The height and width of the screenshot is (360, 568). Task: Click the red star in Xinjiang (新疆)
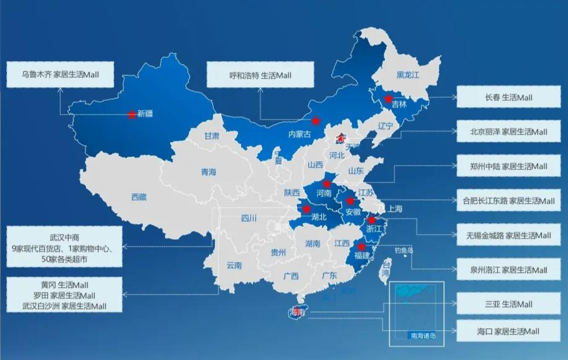coord(131,114)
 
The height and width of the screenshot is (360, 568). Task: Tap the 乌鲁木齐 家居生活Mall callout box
coord(60,75)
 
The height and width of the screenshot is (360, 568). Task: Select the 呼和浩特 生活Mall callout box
coord(260,75)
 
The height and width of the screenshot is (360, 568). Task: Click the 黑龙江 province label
coord(409,75)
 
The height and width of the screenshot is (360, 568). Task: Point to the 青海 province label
coord(208,172)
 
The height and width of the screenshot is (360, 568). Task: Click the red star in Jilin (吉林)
coord(388,98)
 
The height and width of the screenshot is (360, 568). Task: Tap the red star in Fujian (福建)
coord(361,247)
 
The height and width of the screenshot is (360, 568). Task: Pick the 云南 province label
coord(234,265)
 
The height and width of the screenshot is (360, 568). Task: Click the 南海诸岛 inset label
coord(423,336)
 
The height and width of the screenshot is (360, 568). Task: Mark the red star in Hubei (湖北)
coord(306,209)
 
